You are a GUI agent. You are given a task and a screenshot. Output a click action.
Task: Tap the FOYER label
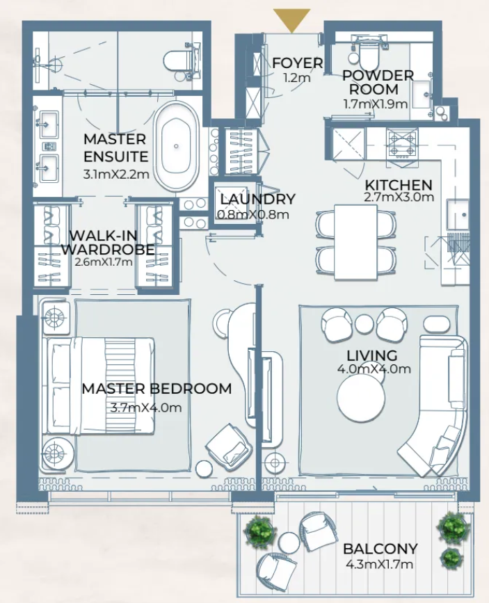click(297, 63)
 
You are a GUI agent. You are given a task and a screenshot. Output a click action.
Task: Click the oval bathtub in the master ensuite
click(176, 147)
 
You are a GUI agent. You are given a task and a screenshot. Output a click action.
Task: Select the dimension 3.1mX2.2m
click(115, 174)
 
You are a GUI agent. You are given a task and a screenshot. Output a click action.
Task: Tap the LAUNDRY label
click(257, 200)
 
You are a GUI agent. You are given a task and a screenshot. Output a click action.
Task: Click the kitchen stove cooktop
click(401, 143)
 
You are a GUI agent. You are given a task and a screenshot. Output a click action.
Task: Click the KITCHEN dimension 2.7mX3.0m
click(399, 197)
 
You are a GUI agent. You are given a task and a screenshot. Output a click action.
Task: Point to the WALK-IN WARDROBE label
click(107, 242)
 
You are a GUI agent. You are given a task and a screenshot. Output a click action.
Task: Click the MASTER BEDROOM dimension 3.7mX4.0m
click(145, 408)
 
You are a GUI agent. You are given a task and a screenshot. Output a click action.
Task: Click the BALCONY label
click(380, 549)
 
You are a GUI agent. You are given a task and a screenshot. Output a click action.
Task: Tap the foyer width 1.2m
click(297, 78)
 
